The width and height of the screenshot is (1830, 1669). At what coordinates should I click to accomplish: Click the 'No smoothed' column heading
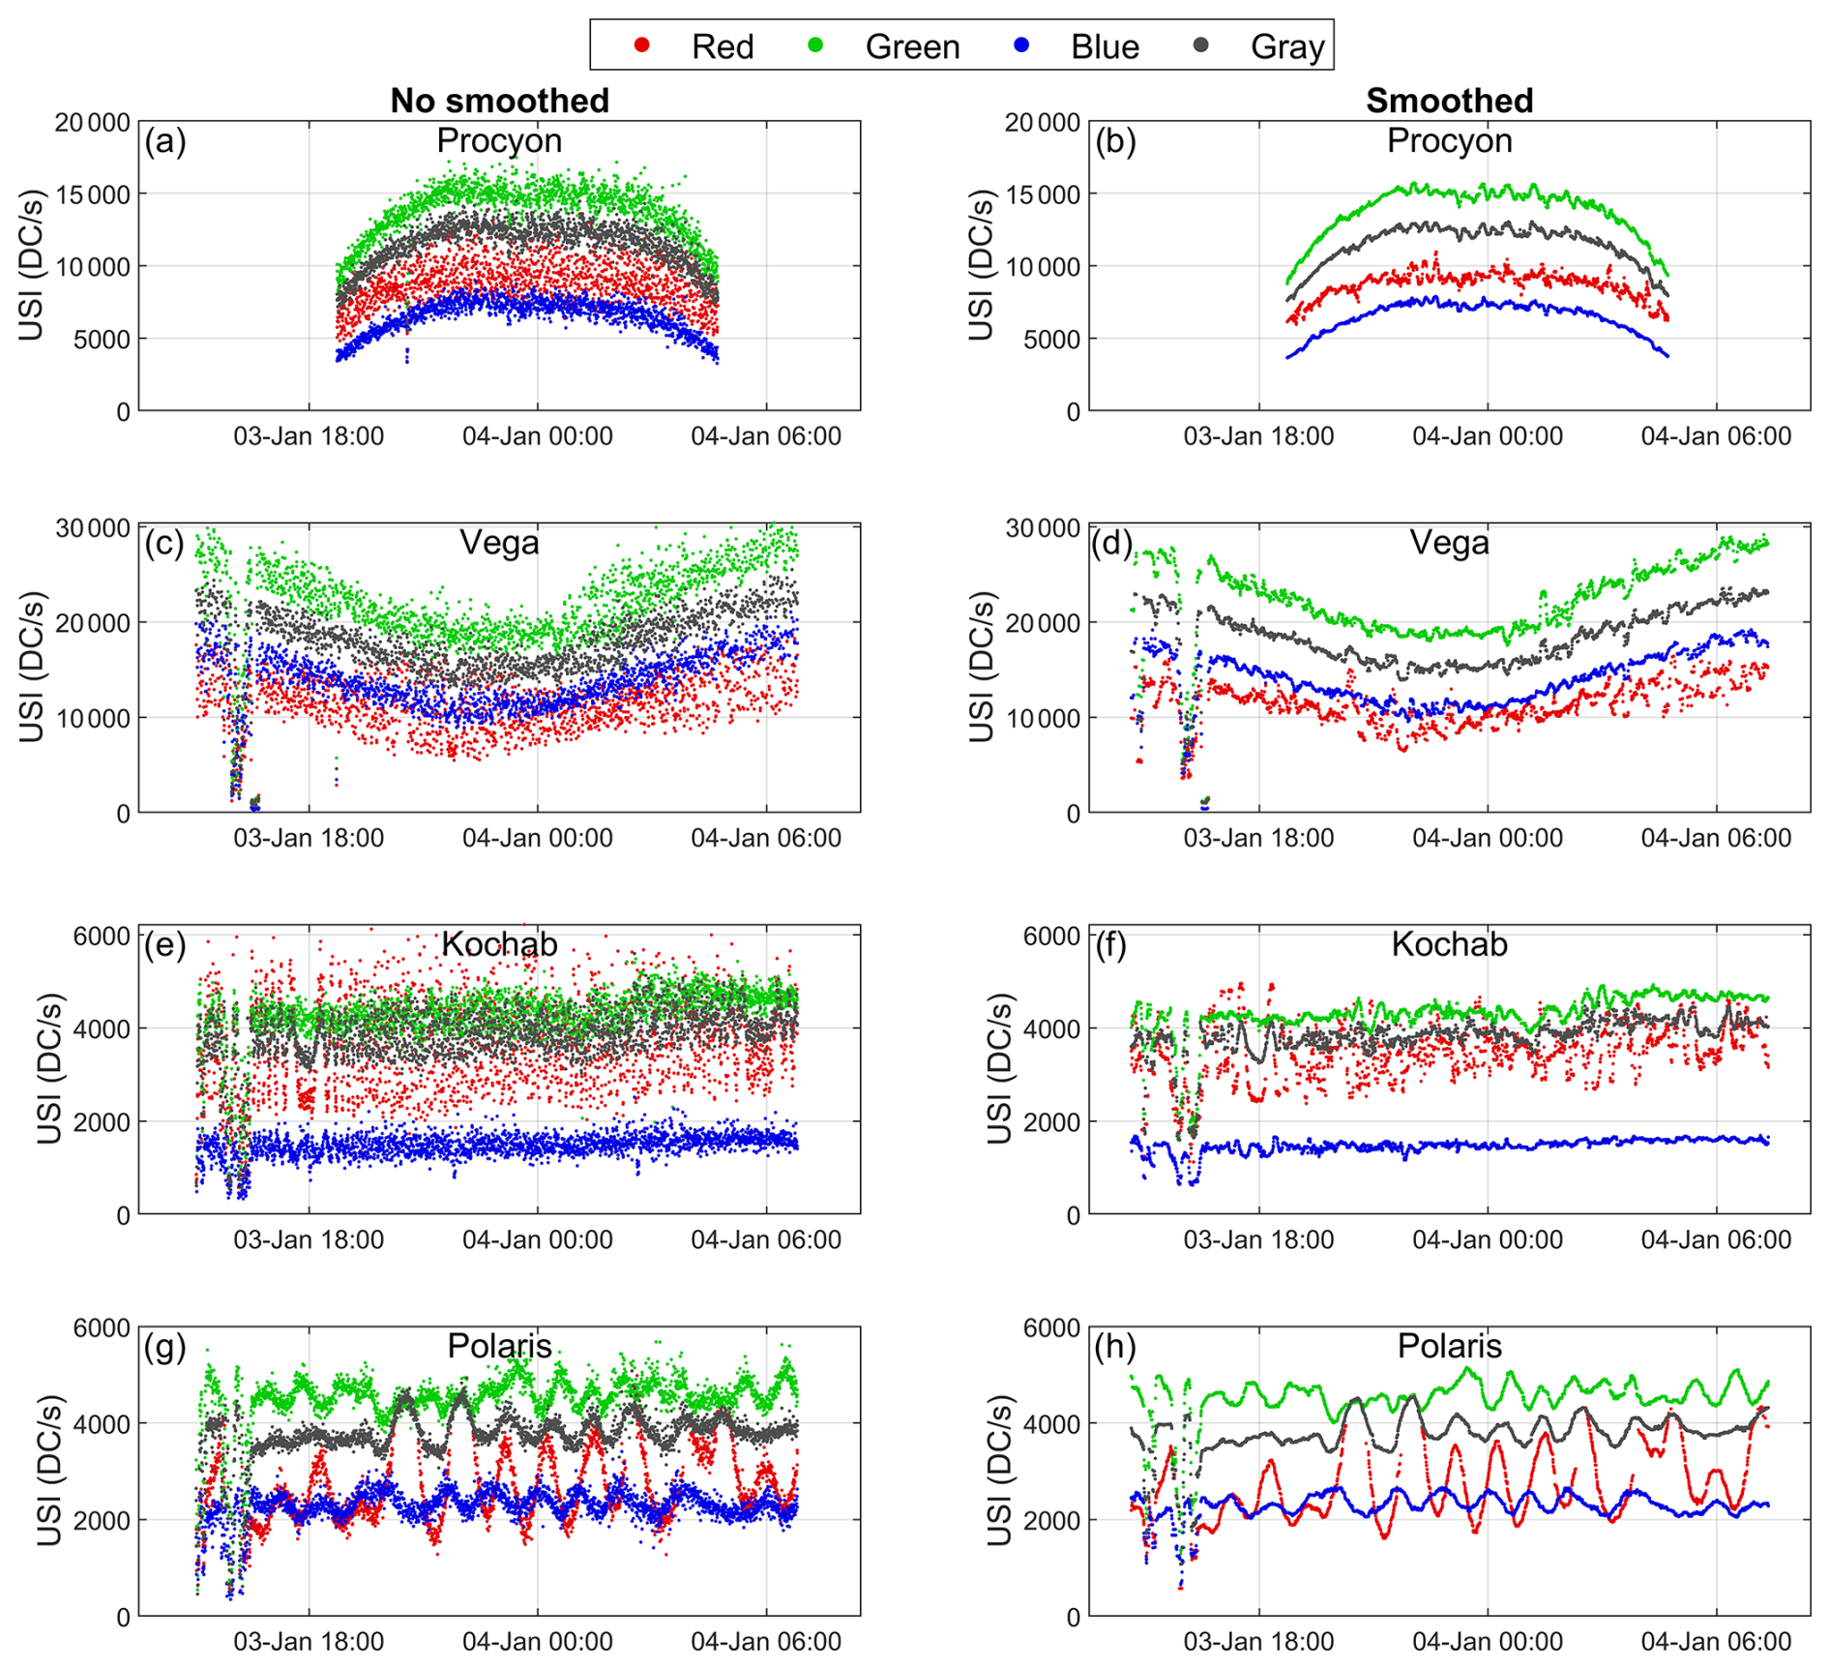[499, 101]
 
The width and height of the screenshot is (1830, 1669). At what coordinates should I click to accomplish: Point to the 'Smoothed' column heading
[1449, 101]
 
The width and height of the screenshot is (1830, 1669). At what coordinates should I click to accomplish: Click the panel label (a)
[164, 141]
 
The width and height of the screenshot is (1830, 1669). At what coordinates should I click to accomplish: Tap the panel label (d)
[1112, 543]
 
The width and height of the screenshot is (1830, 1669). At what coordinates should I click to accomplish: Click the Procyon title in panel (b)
[1449, 141]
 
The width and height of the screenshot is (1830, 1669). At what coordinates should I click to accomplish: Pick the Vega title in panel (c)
[499, 543]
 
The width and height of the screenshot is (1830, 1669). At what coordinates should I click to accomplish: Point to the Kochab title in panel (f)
[1449, 944]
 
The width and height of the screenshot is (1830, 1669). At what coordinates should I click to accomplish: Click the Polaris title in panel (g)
[499, 1346]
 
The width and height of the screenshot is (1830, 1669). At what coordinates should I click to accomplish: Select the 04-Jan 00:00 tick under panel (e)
[537, 1239]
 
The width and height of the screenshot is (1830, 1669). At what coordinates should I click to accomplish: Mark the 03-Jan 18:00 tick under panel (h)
[1258, 1641]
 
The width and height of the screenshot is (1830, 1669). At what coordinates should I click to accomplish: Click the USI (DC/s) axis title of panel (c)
[31, 668]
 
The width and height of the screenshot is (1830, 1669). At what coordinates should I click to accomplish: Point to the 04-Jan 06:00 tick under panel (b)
[1716, 436]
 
